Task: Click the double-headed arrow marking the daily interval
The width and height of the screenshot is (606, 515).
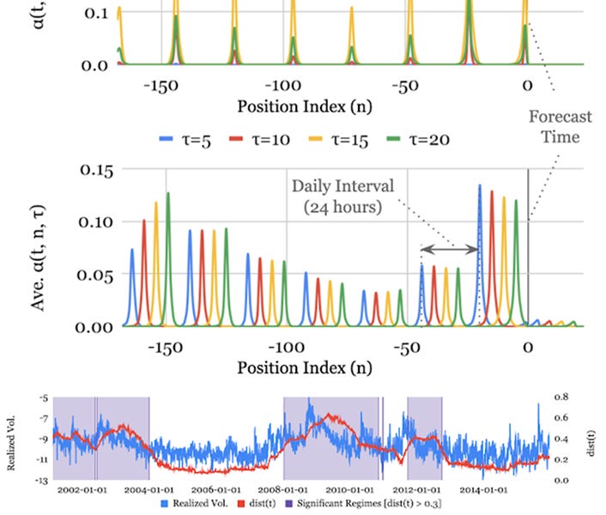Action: (449, 250)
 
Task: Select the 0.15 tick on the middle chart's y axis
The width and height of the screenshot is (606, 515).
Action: (96, 169)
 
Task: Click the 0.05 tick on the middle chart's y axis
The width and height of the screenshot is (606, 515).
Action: (96, 275)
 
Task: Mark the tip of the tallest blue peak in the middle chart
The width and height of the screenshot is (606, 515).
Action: (480, 185)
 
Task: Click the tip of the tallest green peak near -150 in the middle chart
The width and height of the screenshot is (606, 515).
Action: (168, 193)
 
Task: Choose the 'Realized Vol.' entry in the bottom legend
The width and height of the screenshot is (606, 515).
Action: (200, 504)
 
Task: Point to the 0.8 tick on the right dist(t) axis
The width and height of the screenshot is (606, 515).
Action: (561, 397)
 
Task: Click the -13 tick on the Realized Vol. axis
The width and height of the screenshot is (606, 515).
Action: (43, 480)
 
